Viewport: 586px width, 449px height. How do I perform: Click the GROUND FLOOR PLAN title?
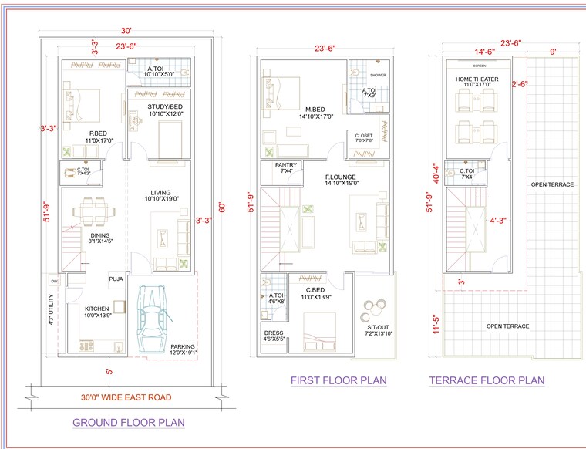[x=129, y=423]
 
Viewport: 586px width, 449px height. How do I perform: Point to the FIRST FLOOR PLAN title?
[x=338, y=380]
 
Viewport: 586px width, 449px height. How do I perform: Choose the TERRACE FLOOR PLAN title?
[x=487, y=380]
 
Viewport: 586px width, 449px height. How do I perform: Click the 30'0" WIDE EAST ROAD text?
[x=127, y=397]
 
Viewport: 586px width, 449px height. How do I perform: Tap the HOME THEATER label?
[x=477, y=79]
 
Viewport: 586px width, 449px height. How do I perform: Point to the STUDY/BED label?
[x=164, y=109]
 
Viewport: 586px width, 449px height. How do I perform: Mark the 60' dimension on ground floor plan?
[x=223, y=208]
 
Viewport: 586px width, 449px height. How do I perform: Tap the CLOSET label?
[x=364, y=136]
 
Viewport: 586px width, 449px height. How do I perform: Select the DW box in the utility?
[x=54, y=281]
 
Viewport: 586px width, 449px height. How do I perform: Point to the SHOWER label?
[x=378, y=75]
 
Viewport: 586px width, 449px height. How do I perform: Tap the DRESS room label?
[x=274, y=335]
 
